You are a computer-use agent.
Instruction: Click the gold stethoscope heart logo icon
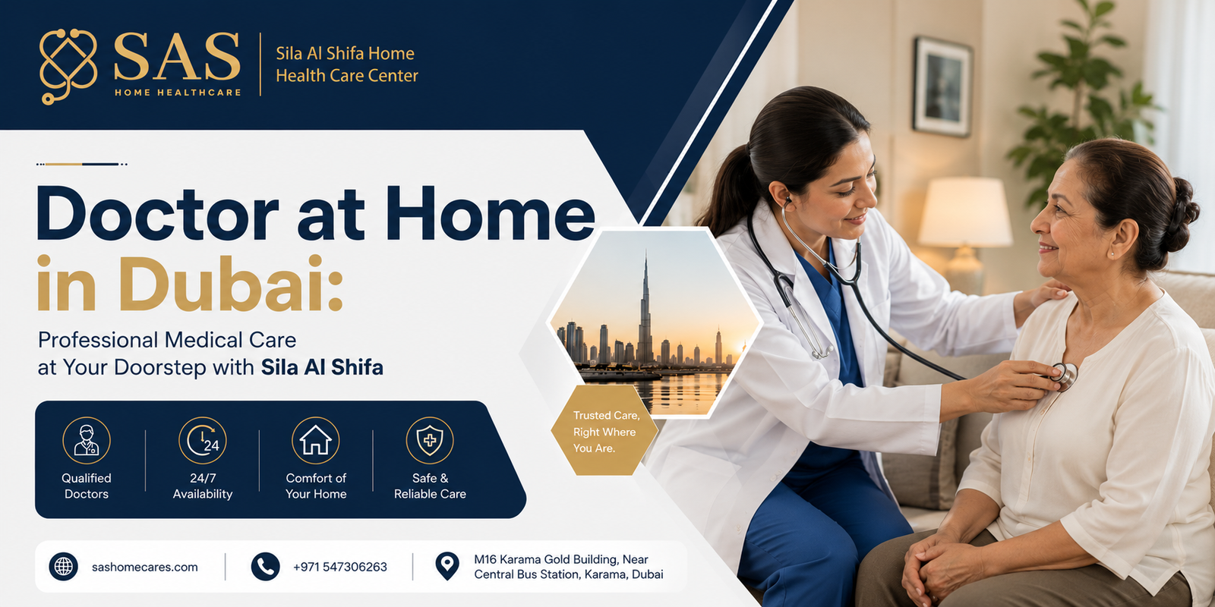[68, 66]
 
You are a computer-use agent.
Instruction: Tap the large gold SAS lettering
[177, 57]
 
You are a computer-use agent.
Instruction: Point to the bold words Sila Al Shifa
[322, 367]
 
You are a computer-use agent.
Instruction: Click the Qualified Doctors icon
[87, 440]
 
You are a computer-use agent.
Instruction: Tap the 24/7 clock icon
[202, 440]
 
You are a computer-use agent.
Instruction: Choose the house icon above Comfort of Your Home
[316, 440]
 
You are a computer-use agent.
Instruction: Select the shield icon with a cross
[430, 440]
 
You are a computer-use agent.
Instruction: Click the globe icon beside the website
[64, 567]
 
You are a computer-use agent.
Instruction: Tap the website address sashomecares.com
[145, 568]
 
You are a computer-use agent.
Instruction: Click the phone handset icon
[265, 567]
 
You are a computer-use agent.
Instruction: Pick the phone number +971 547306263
[340, 568]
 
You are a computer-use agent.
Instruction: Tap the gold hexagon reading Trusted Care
[604, 431]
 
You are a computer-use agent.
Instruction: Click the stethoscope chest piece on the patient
[1065, 375]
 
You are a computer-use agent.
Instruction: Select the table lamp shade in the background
[964, 212]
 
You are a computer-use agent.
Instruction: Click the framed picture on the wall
[942, 86]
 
